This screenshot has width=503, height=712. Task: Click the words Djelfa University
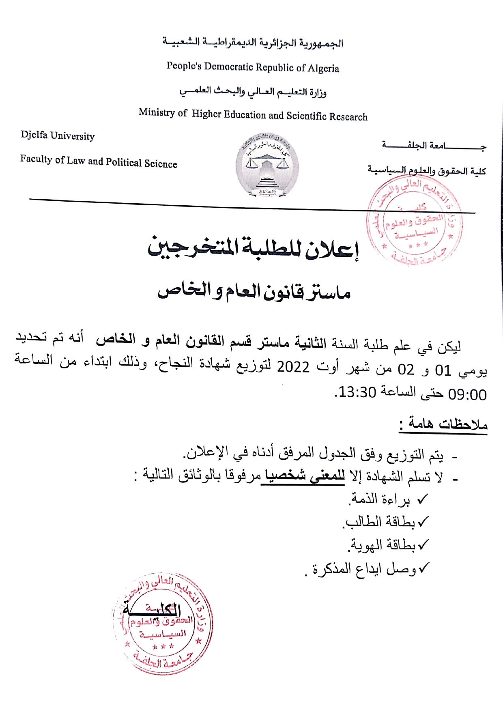pos(58,135)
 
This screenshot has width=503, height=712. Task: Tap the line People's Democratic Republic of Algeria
pos(253,67)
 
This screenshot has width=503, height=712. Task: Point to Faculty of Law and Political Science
pos(99,161)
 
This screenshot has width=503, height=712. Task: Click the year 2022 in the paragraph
pos(293,368)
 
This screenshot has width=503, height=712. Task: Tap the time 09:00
pos(467,394)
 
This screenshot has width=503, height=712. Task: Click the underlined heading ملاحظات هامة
pos(443,424)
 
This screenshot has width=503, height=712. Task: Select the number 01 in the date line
pos(443,370)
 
